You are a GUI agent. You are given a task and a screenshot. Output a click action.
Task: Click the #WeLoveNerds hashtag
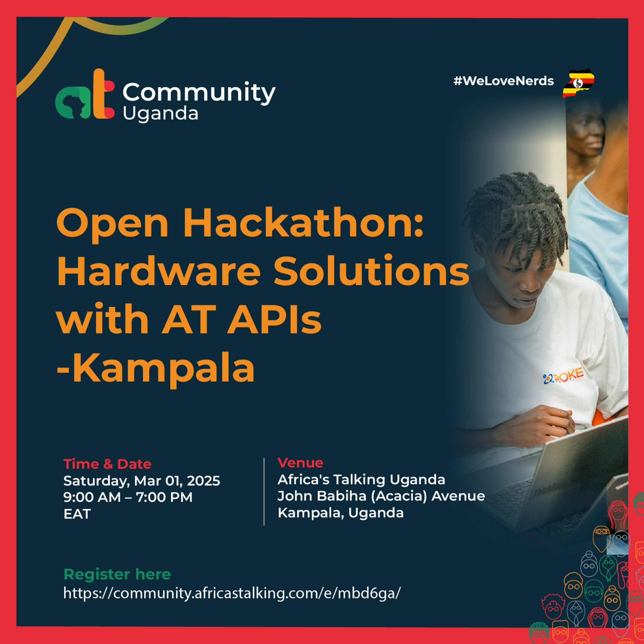pos(503,81)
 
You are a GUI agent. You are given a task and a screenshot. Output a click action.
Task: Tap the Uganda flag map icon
pos(578,83)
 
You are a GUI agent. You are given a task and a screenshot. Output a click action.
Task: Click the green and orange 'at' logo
pos(85,95)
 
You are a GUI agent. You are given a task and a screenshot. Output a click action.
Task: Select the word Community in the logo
pos(199,92)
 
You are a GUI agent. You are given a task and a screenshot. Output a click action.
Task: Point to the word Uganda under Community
pos(160,114)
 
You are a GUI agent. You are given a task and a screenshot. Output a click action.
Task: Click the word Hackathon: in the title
pos(303,223)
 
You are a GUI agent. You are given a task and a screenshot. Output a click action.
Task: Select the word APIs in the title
pos(274,320)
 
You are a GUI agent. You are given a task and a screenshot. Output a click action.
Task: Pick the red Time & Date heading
pos(107,464)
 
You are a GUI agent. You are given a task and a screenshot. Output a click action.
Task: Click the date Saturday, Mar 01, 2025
pos(142,481)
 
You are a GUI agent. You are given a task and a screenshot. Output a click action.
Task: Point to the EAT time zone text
pos(77,514)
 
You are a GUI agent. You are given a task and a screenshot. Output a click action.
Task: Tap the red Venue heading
pos(300,463)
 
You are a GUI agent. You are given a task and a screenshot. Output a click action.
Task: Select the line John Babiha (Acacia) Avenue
pos(381,496)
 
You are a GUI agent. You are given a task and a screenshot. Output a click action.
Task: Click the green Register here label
pos(117,574)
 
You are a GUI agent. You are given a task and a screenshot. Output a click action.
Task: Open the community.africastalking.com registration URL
pos(232,593)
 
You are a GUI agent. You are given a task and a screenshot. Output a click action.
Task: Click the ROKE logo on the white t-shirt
pos(563,376)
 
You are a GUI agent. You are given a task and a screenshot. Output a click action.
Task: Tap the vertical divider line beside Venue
pos(264,492)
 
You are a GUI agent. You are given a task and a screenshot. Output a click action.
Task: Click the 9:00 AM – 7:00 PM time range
pos(128,497)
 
